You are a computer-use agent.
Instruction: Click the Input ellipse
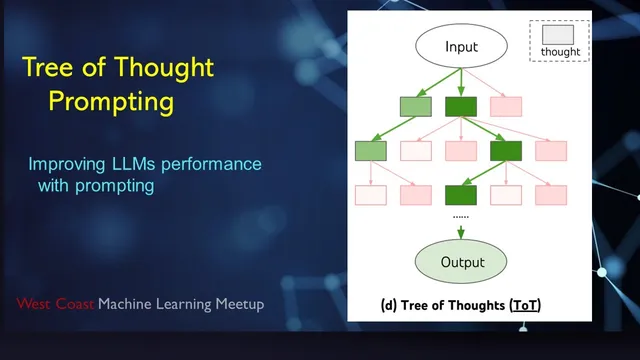461,46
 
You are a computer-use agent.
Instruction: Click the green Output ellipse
461,262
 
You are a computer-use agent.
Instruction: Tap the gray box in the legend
558,34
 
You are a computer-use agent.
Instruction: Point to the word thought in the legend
560,51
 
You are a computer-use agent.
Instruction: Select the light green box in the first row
415,105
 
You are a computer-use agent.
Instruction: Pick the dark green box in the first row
461,105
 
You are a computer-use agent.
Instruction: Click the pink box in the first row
506,105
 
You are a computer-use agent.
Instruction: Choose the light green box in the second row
370,150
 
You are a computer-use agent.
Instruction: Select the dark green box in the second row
506,150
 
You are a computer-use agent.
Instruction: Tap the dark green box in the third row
461,194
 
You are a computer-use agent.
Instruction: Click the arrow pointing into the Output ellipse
461,232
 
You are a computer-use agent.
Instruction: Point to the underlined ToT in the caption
523,303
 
